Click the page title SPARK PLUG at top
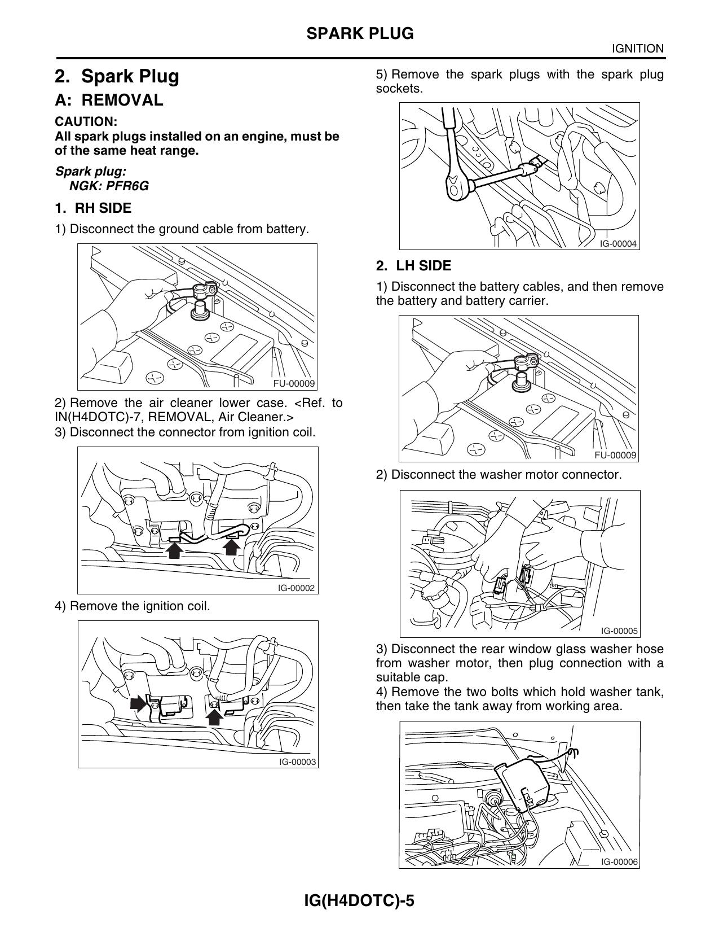point(360,34)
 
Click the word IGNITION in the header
point(638,49)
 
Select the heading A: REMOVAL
point(109,100)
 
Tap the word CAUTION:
point(86,121)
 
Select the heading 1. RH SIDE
point(93,208)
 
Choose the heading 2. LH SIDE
point(414,266)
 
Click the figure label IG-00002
point(295,588)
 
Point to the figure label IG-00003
point(297,762)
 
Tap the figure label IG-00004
point(617,244)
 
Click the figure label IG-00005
point(619,631)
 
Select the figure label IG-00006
point(619,862)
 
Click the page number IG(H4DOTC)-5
point(359,900)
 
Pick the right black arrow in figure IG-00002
point(231,546)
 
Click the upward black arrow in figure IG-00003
point(214,716)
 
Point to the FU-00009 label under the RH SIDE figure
point(293,383)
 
